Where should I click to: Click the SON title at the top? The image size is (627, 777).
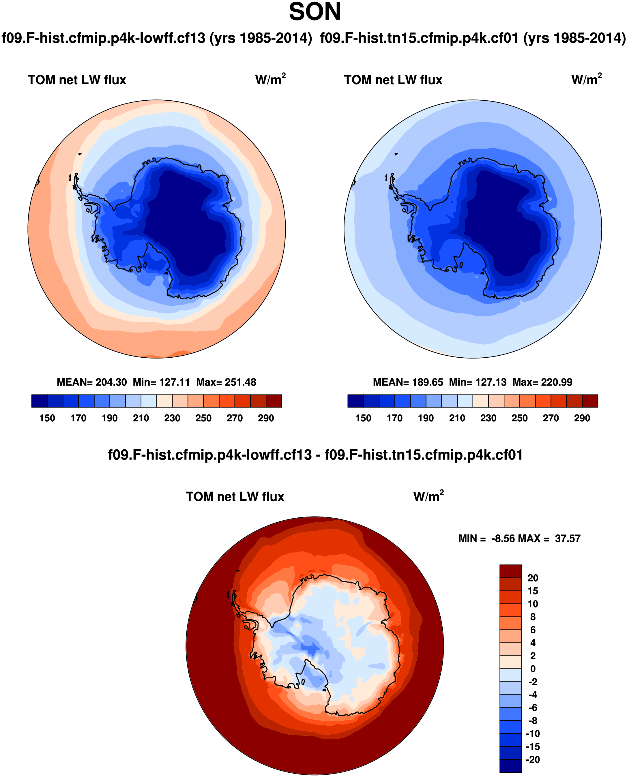point(315,12)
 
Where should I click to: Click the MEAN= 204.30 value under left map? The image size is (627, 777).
point(92,382)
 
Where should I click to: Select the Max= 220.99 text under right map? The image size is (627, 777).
point(542,382)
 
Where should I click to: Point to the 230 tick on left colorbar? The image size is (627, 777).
point(172,418)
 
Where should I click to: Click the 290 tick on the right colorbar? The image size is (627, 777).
point(582,418)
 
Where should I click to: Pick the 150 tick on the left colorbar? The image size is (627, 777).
point(47,418)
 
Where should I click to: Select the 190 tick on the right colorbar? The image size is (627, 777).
point(426,418)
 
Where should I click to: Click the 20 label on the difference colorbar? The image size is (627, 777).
point(533,578)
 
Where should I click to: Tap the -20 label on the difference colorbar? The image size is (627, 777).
point(533,759)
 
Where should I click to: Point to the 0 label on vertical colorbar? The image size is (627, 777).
point(533,669)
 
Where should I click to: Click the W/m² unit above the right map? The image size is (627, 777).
point(586,79)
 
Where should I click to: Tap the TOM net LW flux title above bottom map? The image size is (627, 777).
point(235,496)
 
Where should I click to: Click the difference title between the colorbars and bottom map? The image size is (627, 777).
point(315,455)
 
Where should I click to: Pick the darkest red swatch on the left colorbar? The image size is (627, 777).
point(274,401)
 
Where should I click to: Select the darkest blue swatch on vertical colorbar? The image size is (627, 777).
point(510,766)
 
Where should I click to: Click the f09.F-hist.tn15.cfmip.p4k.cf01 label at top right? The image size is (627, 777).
point(472,38)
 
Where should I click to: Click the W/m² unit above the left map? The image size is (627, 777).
point(270,79)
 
